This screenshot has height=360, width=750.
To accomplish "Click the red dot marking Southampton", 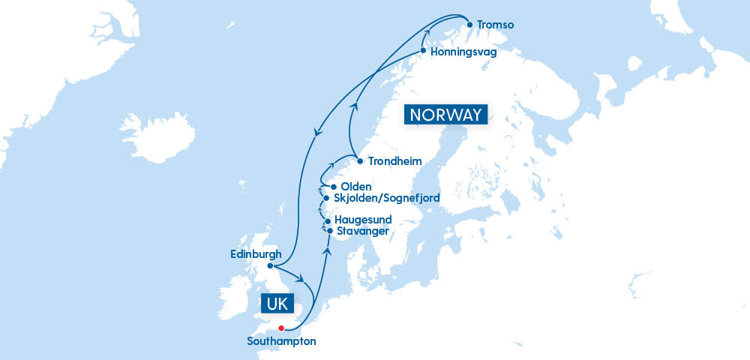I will [x=281, y=328].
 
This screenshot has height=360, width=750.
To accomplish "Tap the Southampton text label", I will [x=281, y=341].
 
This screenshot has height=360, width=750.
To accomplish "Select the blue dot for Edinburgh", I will [x=270, y=265].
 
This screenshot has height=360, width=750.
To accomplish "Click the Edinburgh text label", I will [x=256, y=254].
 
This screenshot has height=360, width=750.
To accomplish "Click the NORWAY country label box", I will [x=445, y=115].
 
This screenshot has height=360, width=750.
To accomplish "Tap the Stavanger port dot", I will [x=329, y=230].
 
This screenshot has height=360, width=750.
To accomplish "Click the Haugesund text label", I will [x=363, y=220].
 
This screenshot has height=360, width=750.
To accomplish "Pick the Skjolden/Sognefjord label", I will [x=386, y=198].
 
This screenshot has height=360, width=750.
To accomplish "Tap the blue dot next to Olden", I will [x=333, y=187].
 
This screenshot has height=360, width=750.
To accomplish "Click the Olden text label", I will [x=356, y=187].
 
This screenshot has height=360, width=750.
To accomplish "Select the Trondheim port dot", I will [x=360, y=161].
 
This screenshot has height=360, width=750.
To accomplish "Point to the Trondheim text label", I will [x=394, y=161].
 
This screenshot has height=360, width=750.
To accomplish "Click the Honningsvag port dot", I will [x=423, y=51].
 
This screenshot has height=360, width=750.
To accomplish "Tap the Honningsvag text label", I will [x=463, y=52].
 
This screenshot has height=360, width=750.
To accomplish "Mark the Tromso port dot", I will [x=469, y=24].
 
